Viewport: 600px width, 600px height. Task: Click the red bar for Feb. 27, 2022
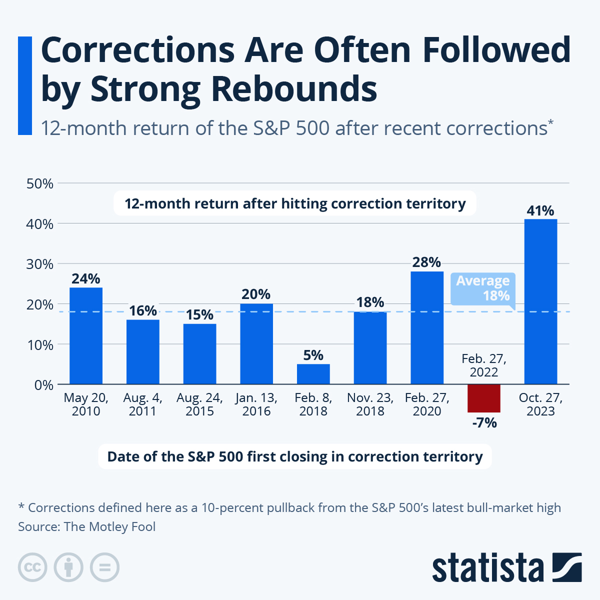click(483, 398)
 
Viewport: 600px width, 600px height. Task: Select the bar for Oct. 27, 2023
click(540, 301)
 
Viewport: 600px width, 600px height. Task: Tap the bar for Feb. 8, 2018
click(313, 374)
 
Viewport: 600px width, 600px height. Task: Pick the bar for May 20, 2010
click(86, 335)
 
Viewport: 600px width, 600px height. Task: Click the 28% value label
click(426, 262)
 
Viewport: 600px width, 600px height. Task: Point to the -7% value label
click(484, 423)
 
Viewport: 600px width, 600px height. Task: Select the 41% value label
click(540, 210)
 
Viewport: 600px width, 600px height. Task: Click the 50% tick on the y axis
click(40, 183)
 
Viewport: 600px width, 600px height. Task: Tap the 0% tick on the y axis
click(44, 385)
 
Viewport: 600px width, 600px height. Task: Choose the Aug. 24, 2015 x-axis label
click(199, 404)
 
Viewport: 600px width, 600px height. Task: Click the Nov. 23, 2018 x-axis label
click(370, 404)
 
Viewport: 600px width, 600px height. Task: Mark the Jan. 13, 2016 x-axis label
click(256, 404)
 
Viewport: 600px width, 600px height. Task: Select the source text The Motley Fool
click(109, 526)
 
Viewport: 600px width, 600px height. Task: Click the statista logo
click(506, 567)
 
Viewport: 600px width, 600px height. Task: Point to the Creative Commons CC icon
click(32, 567)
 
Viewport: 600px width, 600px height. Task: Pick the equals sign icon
click(104, 567)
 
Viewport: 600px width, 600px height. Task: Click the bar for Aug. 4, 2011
click(143, 351)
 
